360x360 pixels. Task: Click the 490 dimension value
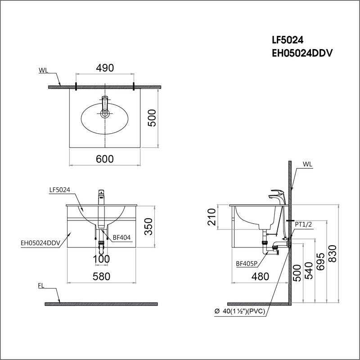click(105, 68)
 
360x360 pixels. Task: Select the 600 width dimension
click(105, 159)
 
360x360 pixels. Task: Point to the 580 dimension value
click(102, 276)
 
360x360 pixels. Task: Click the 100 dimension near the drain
click(102, 259)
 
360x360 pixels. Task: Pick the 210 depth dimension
click(211, 217)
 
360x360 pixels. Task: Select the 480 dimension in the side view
click(261, 277)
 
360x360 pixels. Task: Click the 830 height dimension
click(333, 254)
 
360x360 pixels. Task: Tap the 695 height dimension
click(321, 261)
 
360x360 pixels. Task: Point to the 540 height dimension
click(309, 270)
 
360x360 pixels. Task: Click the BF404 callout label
click(121, 238)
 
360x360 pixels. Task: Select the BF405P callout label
click(247, 264)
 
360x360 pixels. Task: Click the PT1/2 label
click(303, 224)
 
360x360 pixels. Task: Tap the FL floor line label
click(41, 286)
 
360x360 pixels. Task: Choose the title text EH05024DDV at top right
click(302, 54)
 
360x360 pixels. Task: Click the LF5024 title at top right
click(288, 40)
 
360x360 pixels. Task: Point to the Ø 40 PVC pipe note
click(240, 311)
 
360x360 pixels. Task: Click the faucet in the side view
click(278, 197)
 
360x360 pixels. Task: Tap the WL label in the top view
click(43, 70)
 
